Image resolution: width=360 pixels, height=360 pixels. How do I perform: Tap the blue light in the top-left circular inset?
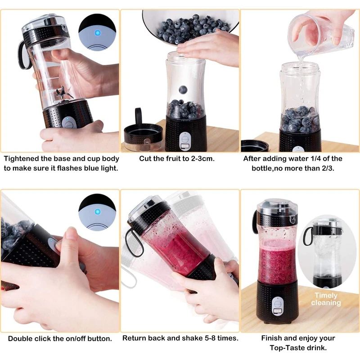click(97, 32)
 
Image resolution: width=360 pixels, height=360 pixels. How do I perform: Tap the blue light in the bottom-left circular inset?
click(97, 211)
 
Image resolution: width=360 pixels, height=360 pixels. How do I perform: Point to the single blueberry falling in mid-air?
click(183, 90)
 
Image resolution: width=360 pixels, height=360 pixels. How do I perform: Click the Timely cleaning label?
click(326, 299)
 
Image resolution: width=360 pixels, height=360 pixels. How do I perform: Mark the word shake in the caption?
click(194, 338)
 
